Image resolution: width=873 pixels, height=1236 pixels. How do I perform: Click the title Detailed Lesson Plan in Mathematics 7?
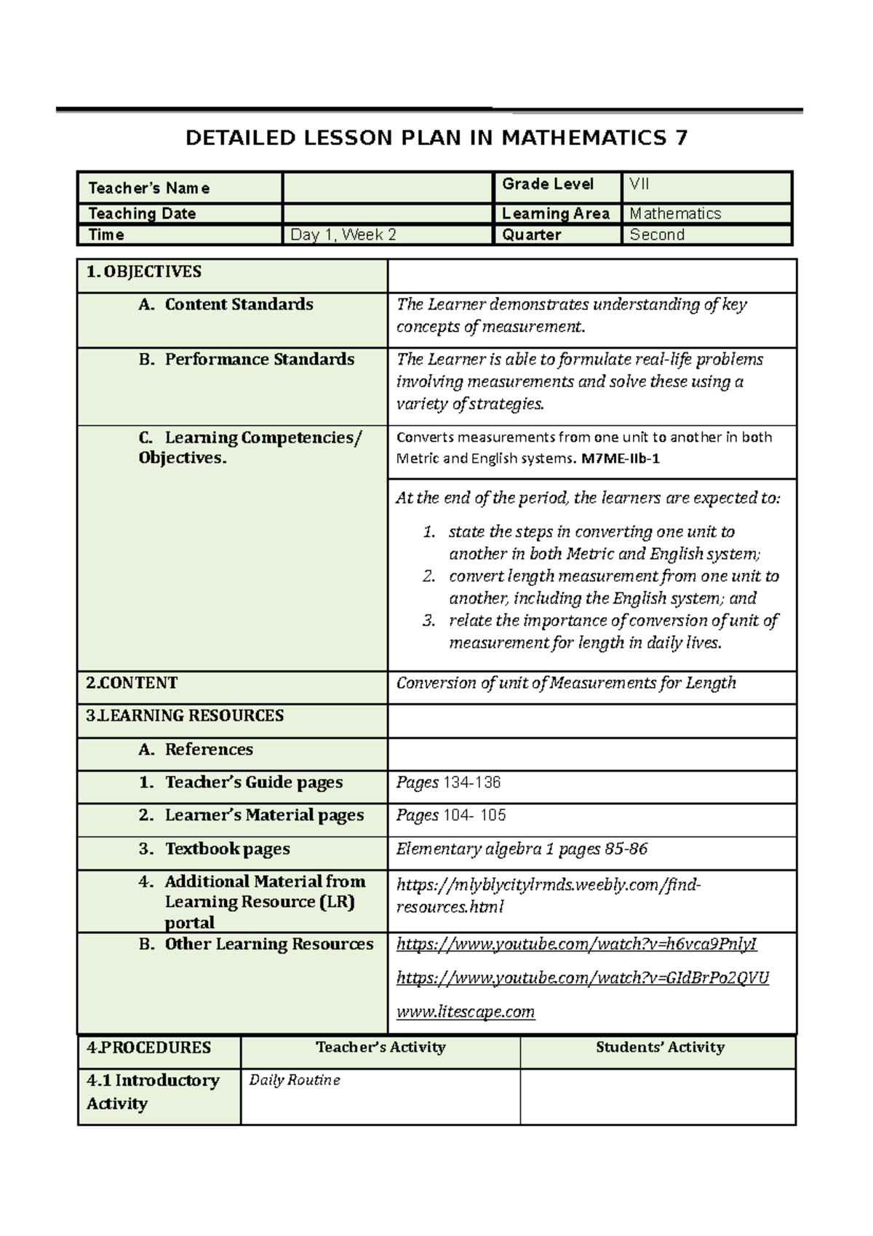436,138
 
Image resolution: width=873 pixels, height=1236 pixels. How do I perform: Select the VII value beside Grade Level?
639,184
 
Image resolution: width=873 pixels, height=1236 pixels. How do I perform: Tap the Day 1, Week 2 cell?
343,235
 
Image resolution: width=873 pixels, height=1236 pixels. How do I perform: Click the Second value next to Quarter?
657,235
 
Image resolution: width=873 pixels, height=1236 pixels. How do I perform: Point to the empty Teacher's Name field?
386,188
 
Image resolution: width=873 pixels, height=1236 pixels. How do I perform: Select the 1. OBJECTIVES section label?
144,272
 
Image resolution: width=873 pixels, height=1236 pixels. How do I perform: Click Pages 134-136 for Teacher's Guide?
448,783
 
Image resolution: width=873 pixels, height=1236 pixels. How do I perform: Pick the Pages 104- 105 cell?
451,815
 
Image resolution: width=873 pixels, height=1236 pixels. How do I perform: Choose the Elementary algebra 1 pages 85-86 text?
522,849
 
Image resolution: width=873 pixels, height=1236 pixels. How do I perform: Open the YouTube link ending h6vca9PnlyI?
576,944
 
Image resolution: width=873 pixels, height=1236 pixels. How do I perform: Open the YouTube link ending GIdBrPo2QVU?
582,978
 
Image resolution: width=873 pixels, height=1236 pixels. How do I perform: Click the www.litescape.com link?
466,1012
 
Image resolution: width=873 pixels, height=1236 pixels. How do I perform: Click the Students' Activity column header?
660,1047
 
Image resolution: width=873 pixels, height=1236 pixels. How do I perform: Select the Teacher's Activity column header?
380,1047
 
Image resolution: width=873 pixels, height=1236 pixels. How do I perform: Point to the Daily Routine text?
295,1080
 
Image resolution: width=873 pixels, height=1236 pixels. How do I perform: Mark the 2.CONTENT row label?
132,684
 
